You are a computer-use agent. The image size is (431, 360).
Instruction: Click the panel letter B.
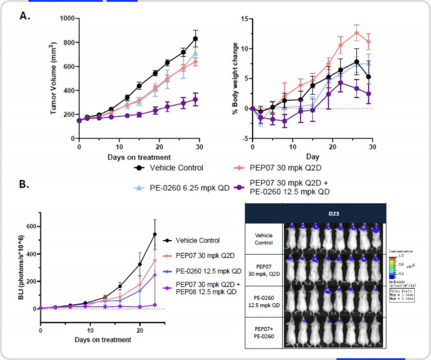(25, 185)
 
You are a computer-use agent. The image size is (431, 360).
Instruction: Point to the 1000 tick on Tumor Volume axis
(68, 19)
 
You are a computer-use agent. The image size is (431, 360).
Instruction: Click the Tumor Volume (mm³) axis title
(53, 78)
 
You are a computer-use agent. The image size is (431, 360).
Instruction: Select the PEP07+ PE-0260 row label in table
(263, 333)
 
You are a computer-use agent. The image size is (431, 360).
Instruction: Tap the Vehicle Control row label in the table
(263, 239)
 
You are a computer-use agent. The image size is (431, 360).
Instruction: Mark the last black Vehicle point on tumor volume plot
(195, 39)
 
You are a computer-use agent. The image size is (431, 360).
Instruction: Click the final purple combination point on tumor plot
(195, 100)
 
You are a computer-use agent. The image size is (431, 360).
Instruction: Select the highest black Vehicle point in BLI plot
(155, 234)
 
